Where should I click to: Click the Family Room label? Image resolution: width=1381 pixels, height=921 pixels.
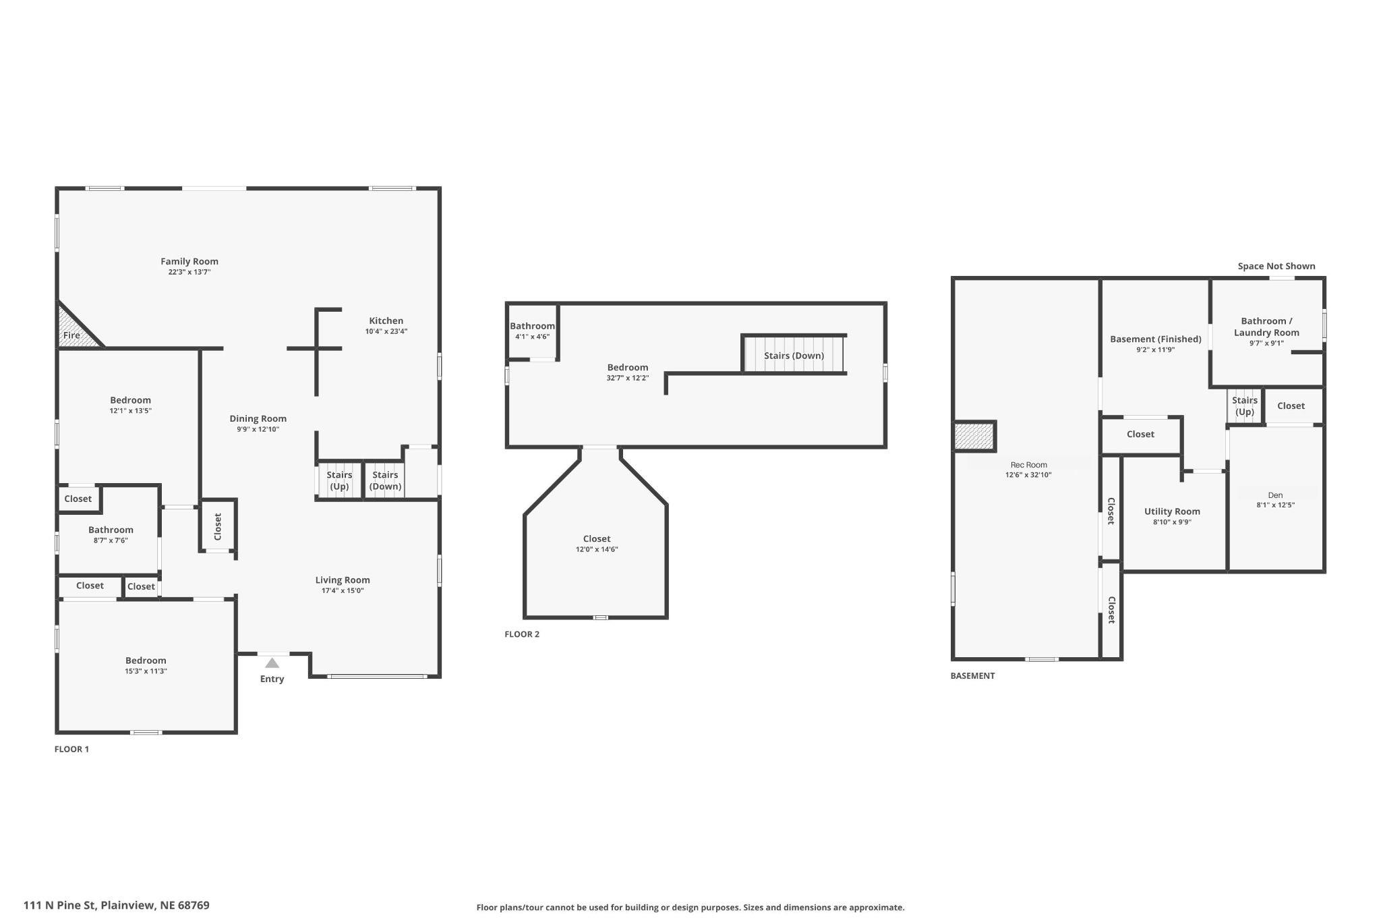coord(189,262)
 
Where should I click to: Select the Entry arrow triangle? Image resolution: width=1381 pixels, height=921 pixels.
coord(272,663)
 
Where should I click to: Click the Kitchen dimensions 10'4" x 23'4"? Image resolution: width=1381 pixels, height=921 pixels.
coord(386,332)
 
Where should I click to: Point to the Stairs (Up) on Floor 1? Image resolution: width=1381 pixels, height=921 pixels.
coord(339,480)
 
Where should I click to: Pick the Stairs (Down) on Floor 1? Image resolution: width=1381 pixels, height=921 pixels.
coord(385,480)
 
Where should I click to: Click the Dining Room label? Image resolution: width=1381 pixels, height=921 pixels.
coord(258,419)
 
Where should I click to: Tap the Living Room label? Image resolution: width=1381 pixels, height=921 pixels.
coord(343,580)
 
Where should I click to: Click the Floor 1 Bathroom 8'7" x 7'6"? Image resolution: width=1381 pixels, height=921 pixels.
coord(111,534)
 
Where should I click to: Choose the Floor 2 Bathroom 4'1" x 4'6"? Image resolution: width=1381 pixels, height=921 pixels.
coord(532,331)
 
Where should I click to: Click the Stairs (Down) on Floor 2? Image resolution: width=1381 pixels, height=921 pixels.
coord(794,356)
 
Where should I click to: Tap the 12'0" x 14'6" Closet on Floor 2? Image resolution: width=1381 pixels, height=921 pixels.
coord(596,543)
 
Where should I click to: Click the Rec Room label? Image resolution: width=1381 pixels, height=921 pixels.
coord(1028,465)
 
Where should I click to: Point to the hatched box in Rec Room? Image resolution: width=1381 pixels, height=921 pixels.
coord(974,437)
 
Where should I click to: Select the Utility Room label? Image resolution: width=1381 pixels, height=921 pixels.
coord(1172,511)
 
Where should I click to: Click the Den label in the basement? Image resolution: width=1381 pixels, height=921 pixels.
coord(1274,495)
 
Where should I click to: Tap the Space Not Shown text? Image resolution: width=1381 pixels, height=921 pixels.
coord(1276,267)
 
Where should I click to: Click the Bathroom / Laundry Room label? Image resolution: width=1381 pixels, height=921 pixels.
coord(1266,327)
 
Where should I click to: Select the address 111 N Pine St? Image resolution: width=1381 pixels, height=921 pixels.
coord(116,905)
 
